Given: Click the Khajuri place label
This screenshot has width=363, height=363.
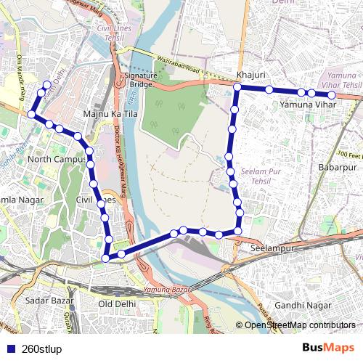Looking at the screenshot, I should pyautogui.click(x=248, y=76).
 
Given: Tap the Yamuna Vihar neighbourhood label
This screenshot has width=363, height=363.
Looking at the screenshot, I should pyautogui.click(x=306, y=105).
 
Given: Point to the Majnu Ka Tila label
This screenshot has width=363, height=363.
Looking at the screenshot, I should pyautogui.click(x=111, y=114).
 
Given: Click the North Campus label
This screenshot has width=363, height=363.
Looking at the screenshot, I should pyautogui.click(x=56, y=159).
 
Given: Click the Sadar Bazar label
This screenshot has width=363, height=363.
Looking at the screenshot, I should pyautogui.click(x=45, y=299).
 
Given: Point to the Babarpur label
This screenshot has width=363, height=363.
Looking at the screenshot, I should pyautogui.click(x=335, y=167).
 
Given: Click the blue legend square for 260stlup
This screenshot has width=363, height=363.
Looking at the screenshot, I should pyautogui.click(x=9, y=348).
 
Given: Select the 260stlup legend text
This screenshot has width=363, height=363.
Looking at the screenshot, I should pyautogui.click(x=42, y=348).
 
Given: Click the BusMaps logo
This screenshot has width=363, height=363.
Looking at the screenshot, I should pyautogui.click(x=329, y=347).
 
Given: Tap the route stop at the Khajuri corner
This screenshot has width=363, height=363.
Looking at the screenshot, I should pyautogui.click(x=237, y=87).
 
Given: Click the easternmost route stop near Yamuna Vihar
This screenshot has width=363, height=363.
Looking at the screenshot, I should pyautogui.click(x=331, y=95).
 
